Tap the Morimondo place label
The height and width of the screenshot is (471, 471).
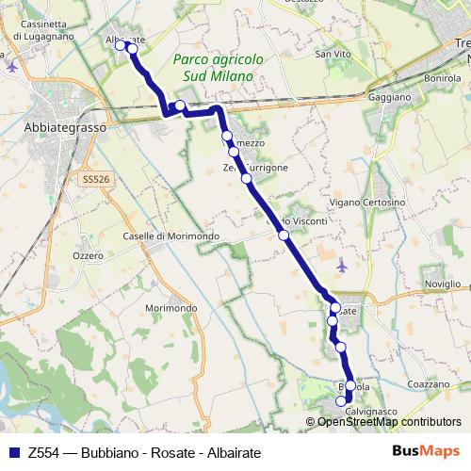point(171,308)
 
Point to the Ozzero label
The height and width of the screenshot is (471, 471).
point(89,255)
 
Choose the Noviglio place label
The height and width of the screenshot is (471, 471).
point(442,284)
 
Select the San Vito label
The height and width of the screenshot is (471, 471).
point(333,55)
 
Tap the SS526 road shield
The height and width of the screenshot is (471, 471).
point(96,179)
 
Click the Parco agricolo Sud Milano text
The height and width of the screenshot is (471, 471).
point(219,68)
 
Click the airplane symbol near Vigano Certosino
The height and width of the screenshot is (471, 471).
point(341,266)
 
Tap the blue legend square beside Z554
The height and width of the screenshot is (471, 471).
point(14,452)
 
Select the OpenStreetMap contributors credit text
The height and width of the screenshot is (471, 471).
point(388,422)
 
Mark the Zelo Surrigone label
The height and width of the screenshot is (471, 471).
point(256,168)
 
